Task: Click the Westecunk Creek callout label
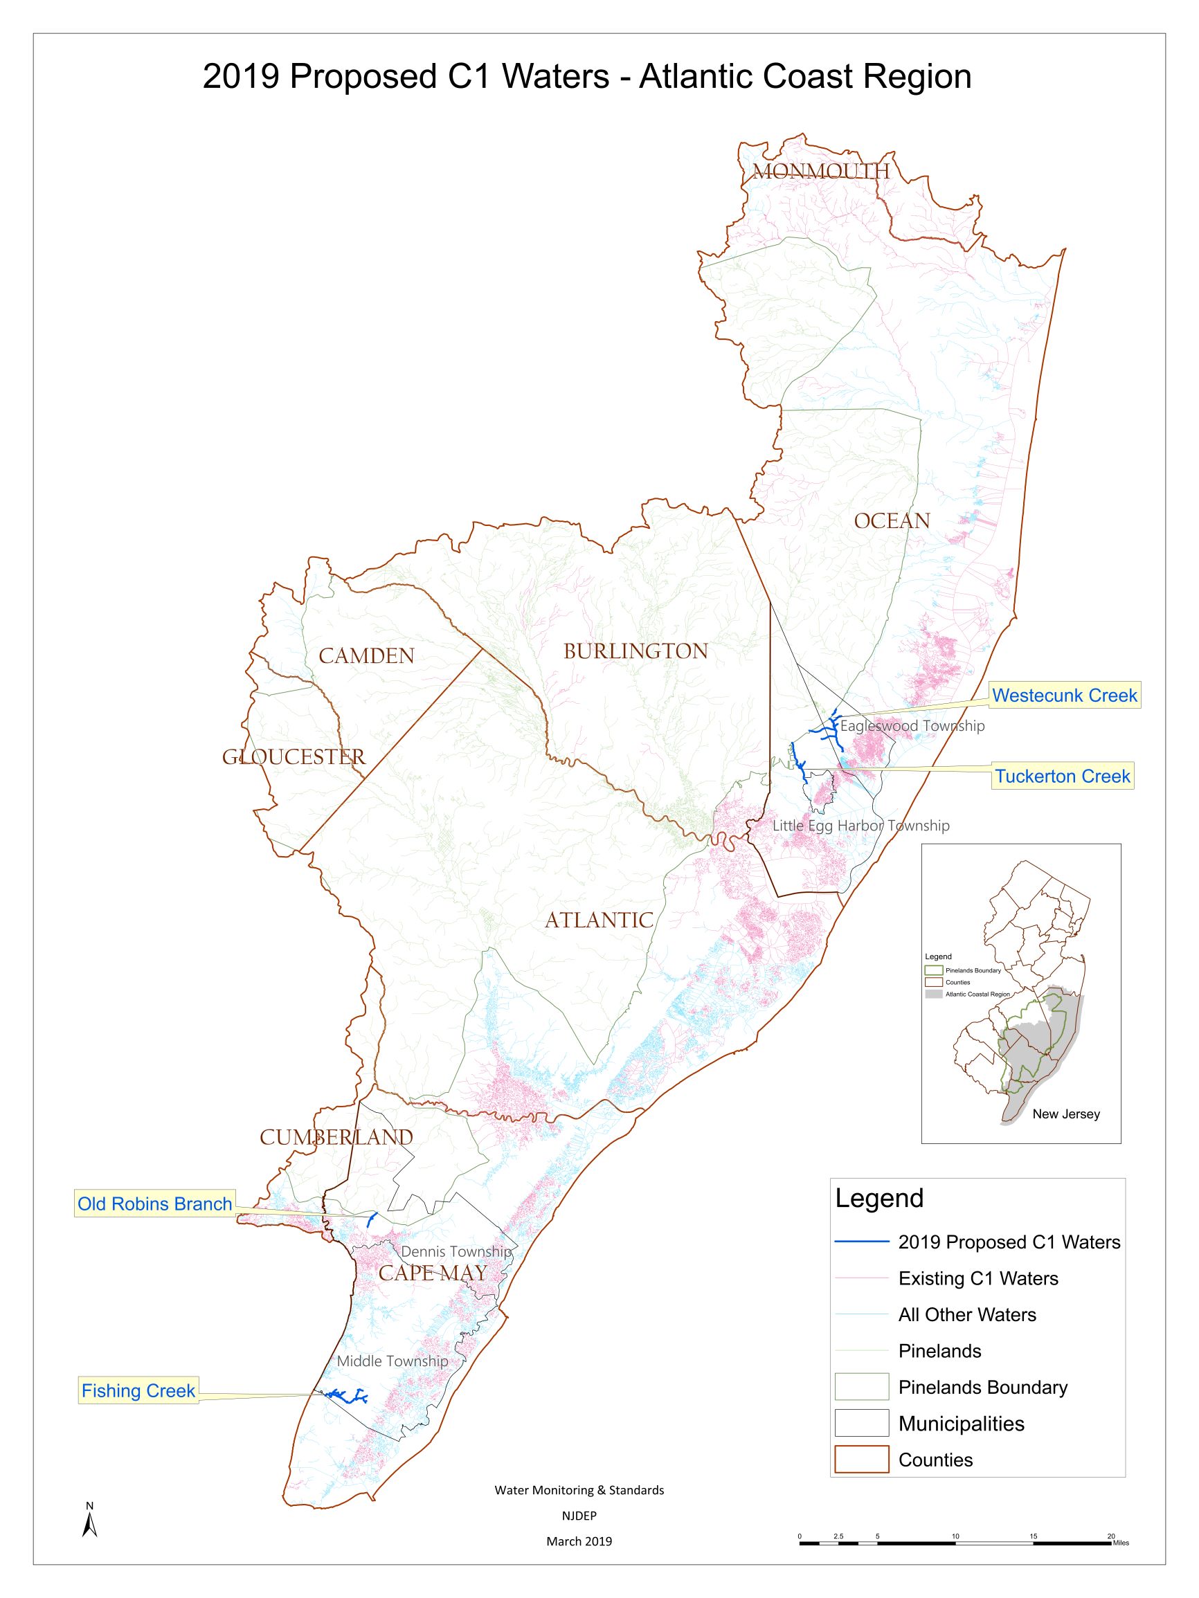click(1065, 695)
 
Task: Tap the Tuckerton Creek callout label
click(1062, 776)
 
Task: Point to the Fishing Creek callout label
click(138, 1390)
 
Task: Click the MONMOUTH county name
click(820, 171)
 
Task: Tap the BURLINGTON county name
click(635, 651)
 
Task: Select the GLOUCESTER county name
click(294, 756)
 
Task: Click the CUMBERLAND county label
click(336, 1137)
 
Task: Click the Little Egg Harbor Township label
click(860, 825)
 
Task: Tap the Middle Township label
click(393, 1361)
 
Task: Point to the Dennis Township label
click(456, 1251)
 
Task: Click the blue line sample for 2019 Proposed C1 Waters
click(861, 1242)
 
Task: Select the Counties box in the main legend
click(861, 1460)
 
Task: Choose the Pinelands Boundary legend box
click(861, 1387)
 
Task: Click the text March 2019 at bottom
click(579, 1541)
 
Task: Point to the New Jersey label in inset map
click(1065, 1114)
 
